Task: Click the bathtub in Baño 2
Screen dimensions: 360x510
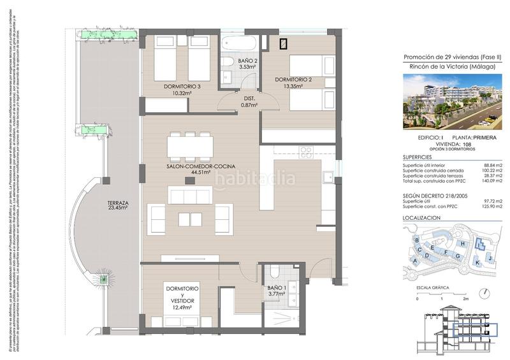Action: [x=240, y=44]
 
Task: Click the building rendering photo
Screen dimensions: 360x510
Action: [x=452, y=101]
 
